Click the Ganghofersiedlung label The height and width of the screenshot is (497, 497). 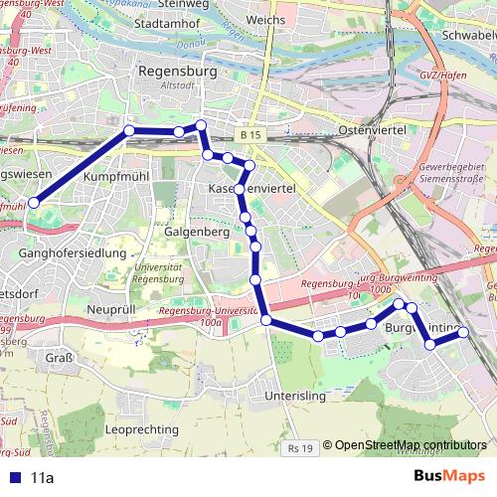pyautogui.click(x=73, y=253)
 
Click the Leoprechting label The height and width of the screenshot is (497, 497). pyautogui.click(x=141, y=429)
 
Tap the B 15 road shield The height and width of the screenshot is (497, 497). pyautogui.click(x=249, y=134)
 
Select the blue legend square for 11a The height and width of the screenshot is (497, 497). pyautogui.click(x=14, y=477)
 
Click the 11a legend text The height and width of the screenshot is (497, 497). pyautogui.click(x=42, y=477)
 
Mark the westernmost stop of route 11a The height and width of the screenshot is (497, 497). pyautogui.click(x=34, y=202)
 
